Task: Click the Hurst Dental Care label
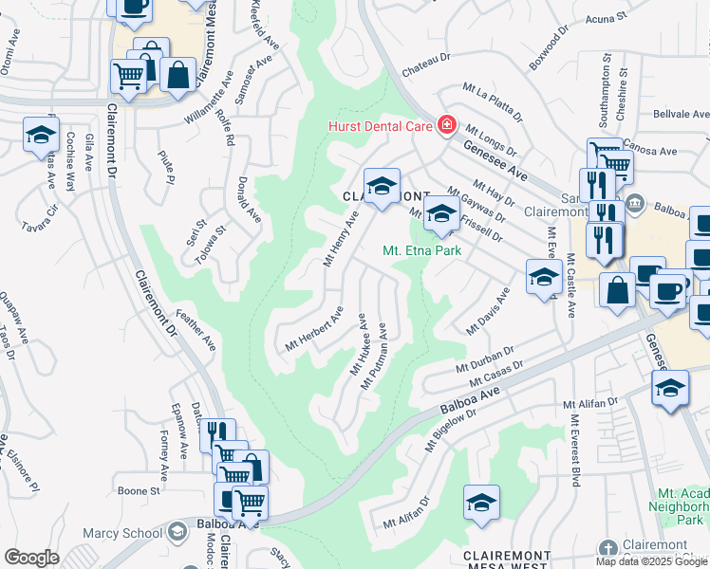[380, 126]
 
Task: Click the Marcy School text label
[122, 533]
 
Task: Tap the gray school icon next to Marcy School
[177, 533]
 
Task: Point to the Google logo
[31, 558]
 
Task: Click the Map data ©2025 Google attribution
[650, 560]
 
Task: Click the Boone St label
[139, 490]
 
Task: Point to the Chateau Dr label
[424, 59]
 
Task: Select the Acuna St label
[607, 18]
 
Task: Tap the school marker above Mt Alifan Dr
[481, 503]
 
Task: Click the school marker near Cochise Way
[42, 135]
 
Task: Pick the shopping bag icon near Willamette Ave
[177, 74]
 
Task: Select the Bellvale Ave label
[680, 113]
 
